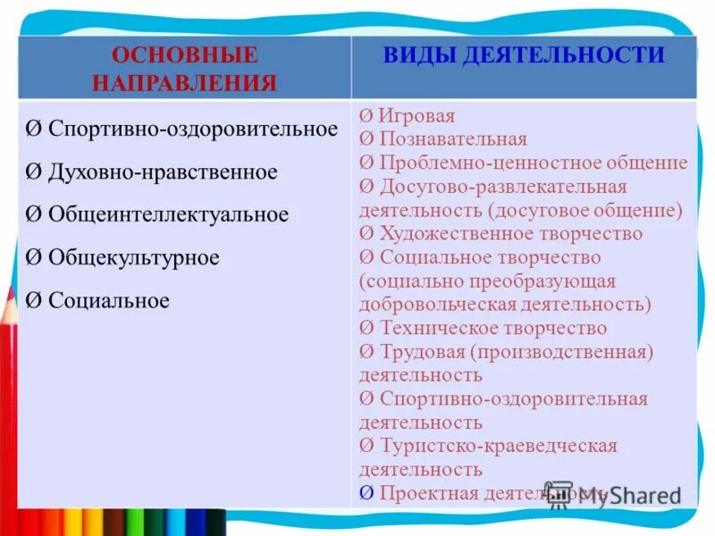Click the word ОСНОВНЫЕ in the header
pos(185,55)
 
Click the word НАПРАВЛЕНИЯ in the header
pos(185,84)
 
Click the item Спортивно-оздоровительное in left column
pos(193,129)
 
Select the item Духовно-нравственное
pos(163,172)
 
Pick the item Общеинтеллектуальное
pos(168,214)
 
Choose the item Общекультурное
pos(134,257)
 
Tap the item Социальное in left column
pos(108,300)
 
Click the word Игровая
pos(416,116)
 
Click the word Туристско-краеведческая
pos(498,445)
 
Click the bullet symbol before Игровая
pos(366,117)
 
